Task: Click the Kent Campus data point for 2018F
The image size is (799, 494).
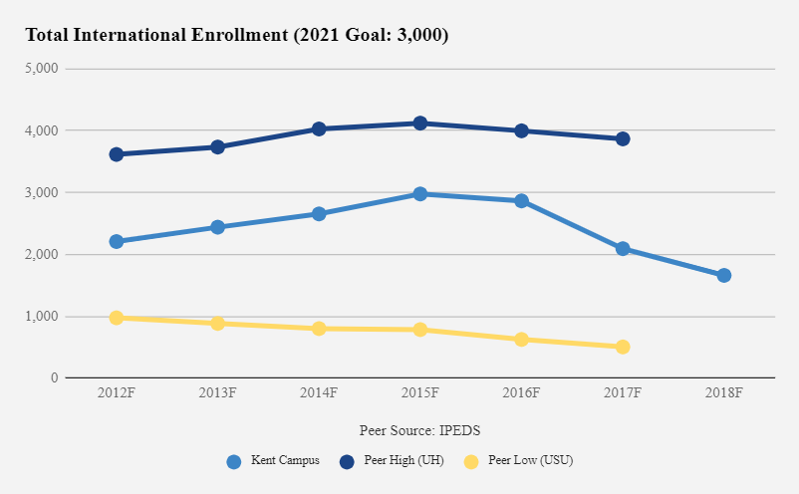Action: click(723, 275)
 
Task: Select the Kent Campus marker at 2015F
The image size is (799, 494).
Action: click(420, 194)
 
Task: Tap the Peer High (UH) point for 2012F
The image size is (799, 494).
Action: click(117, 154)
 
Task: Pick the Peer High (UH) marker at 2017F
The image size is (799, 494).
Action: click(623, 138)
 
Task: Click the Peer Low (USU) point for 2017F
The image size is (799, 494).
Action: click(623, 347)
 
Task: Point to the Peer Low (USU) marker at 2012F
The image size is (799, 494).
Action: click(117, 318)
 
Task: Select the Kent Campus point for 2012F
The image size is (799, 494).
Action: click(117, 241)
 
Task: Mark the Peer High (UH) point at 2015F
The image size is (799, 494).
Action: click(420, 123)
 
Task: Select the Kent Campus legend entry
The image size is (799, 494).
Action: click(273, 461)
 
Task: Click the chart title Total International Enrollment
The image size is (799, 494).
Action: click(236, 36)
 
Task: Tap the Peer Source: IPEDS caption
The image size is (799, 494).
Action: click(420, 429)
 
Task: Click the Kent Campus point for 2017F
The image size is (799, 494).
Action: click(623, 248)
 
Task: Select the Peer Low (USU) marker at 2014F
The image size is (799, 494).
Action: click(319, 328)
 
